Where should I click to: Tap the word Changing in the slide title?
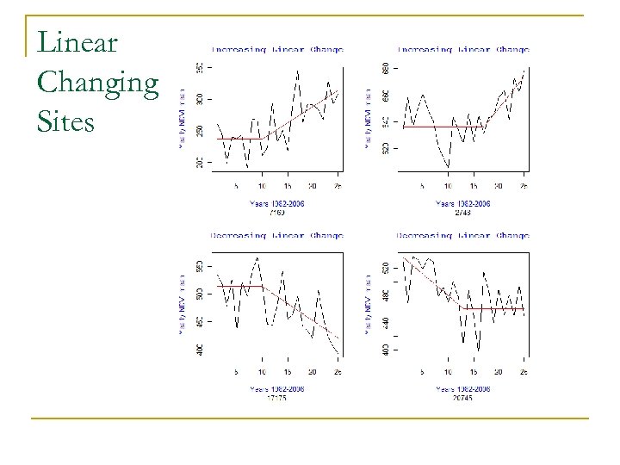98,83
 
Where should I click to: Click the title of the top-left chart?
276,49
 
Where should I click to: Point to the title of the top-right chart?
463,49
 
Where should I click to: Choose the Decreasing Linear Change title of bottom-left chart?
276,234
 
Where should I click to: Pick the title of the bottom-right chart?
463,234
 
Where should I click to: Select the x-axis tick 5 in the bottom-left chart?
237,372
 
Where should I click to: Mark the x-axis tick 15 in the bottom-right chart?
474,372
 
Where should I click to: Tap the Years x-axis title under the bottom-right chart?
463,388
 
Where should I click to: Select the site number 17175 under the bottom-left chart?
276,398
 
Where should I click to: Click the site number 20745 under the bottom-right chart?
463,398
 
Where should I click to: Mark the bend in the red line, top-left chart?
263,138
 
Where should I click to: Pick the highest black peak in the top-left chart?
297,71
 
